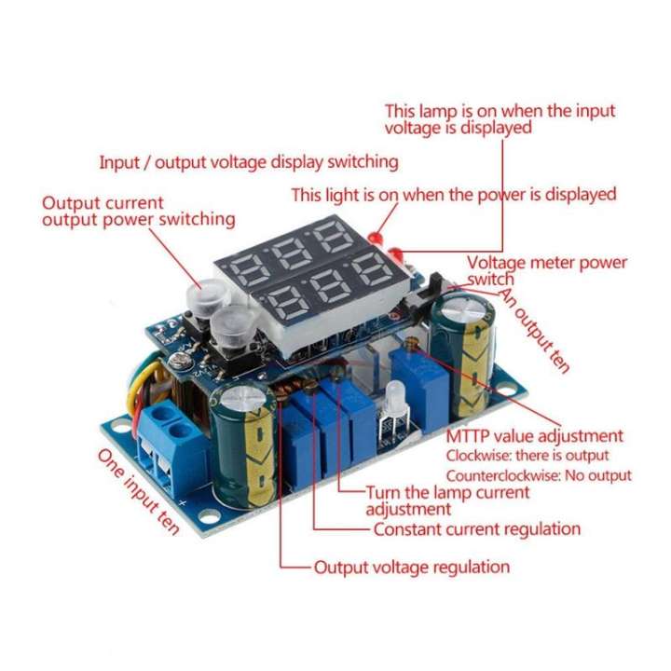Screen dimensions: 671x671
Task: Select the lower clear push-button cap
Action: pyautogui.click(x=228, y=325)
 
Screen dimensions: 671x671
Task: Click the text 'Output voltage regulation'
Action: pyautogui.click(x=411, y=567)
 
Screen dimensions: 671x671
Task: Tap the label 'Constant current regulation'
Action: pyautogui.click(x=476, y=529)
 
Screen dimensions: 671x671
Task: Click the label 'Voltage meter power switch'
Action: pyautogui.click(x=546, y=271)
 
